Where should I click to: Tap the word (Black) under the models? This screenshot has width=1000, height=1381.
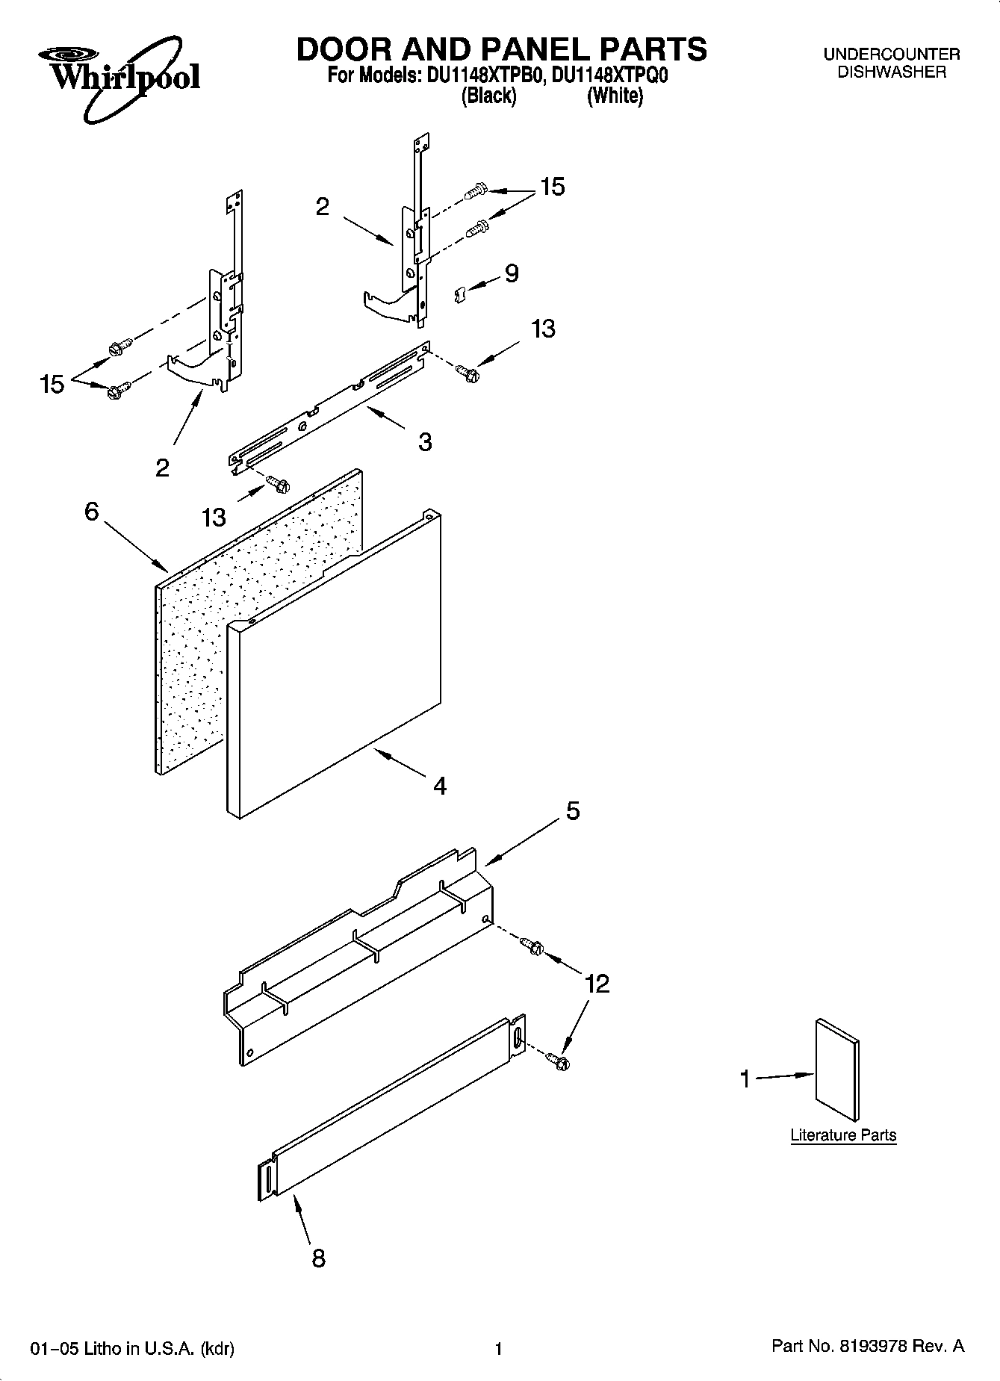point(488,96)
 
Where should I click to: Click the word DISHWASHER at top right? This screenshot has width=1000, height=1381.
point(891,72)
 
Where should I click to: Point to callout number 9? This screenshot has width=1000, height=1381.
point(512,273)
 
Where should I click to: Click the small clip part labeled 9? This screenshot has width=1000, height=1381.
point(460,294)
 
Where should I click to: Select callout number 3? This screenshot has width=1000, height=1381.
point(425,441)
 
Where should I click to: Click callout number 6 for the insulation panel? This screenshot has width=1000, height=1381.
point(91,512)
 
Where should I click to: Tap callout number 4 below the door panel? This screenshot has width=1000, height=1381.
point(440,786)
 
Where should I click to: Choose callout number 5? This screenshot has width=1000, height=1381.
point(572,810)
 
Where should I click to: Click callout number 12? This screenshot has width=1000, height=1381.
point(597,984)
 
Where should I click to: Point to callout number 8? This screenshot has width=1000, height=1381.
point(318,1259)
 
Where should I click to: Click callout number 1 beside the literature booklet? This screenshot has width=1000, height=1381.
point(744,1079)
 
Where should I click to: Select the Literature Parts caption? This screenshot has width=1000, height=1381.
point(843,1135)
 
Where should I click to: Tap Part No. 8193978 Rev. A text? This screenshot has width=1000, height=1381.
point(867,1347)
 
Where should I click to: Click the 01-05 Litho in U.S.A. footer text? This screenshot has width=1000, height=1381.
point(131,1348)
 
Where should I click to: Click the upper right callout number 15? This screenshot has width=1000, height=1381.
point(552,187)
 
